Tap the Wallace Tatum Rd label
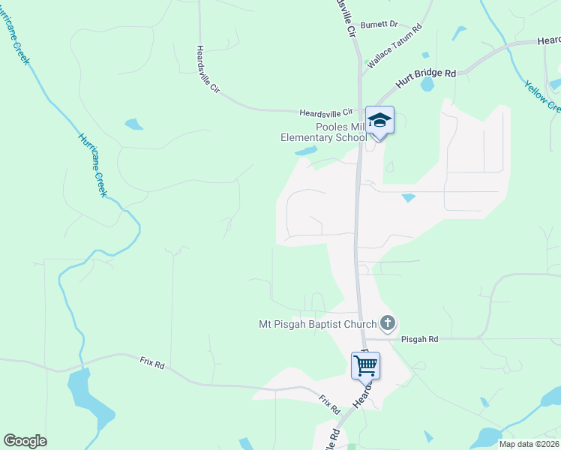click(394, 47)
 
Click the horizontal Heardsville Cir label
click(325, 112)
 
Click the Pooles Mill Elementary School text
click(323, 132)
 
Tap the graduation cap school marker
click(379, 120)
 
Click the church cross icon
click(387, 323)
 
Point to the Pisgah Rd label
click(419, 339)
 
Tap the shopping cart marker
click(365, 365)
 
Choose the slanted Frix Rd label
click(329, 405)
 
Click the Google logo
click(25, 441)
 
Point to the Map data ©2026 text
click(529, 444)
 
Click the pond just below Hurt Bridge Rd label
click(427, 85)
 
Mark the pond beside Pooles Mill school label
click(305, 151)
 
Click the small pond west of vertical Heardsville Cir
click(133, 124)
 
